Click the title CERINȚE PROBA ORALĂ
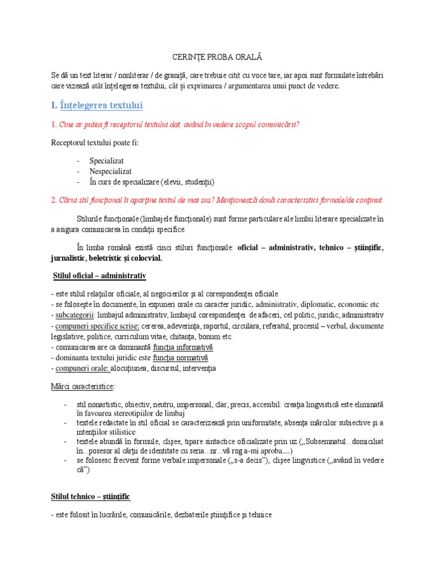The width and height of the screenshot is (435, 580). coord(217,58)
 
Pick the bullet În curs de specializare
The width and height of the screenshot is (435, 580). coord(152,182)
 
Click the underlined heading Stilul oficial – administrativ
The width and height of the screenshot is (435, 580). coord(97,275)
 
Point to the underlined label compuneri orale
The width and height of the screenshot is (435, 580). coord(82,369)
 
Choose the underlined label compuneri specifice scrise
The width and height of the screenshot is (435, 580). coord(101,326)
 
